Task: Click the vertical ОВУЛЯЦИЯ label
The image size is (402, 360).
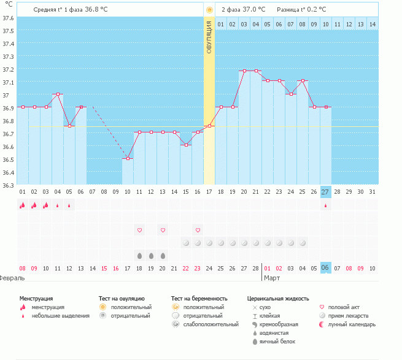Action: pyautogui.click(x=209, y=37)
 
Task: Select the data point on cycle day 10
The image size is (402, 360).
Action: pyautogui.click(x=128, y=159)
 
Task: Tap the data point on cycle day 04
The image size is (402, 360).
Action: pyautogui.click(x=58, y=94)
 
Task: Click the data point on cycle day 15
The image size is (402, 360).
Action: pyautogui.click(x=186, y=145)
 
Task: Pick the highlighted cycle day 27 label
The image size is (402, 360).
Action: pyautogui.click(x=325, y=192)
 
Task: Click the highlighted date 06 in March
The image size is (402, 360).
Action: pyautogui.click(x=325, y=268)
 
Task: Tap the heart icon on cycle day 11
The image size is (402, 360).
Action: pyautogui.click(x=139, y=230)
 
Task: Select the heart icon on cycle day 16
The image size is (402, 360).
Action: pyautogui.click(x=198, y=230)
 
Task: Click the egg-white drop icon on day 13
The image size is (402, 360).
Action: pyautogui.click(x=163, y=255)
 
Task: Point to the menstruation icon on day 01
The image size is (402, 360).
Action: pyautogui.click(x=23, y=205)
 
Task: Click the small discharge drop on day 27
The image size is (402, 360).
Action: pyautogui.click(x=325, y=206)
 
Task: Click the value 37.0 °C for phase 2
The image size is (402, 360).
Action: pyautogui.click(x=254, y=9)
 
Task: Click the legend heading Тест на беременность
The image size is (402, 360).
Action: pyautogui.click(x=204, y=298)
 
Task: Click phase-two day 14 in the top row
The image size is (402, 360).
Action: pyautogui.click(x=372, y=24)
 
